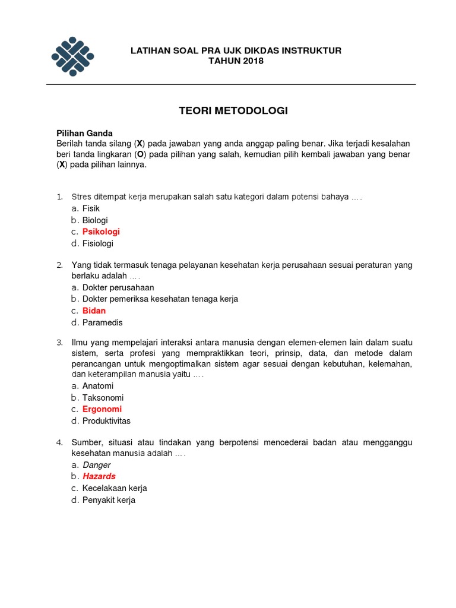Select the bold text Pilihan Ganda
[x=84, y=134]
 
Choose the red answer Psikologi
[x=101, y=232]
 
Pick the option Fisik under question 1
[x=91, y=208]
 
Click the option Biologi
[x=95, y=220]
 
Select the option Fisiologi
[x=97, y=243]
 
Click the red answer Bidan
[x=94, y=311]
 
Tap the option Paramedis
[x=102, y=322]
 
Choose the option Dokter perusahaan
[x=118, y=287]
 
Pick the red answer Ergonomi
[x=102, y=409]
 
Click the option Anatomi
[x=98, y=386]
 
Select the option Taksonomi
[x=103, y=398]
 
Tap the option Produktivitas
[x=106, y=421]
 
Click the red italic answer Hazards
[x=99, y=476]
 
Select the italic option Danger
[x=96, y=465]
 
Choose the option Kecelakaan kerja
[x=115, y=488]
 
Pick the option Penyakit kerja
[x=109, y=500]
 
